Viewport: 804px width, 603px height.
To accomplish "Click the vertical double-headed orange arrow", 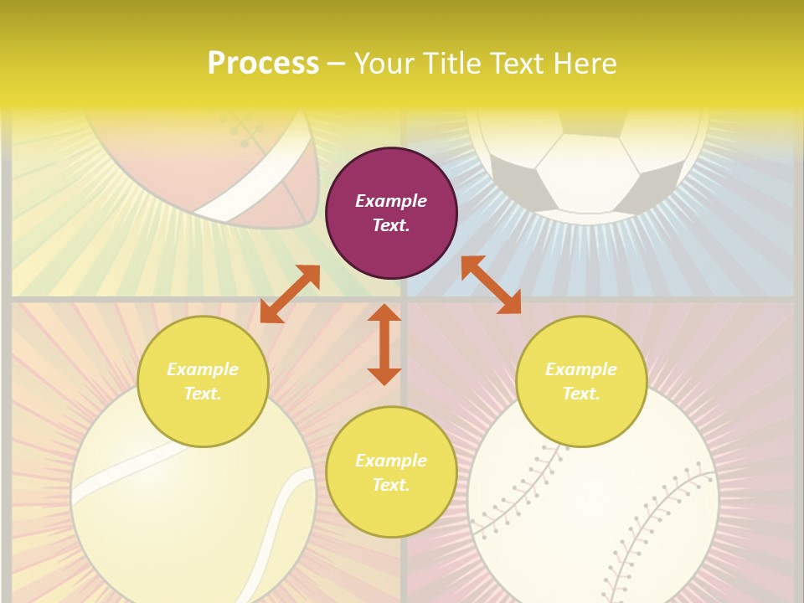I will point(384,344).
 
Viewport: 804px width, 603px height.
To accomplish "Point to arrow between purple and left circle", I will point(290,294).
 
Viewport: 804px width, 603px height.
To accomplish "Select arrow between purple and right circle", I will point(491,285).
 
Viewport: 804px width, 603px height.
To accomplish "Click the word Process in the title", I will point(263,64).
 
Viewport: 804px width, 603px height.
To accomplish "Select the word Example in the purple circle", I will point(391,201).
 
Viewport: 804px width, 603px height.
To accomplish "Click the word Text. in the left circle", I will point(203,394).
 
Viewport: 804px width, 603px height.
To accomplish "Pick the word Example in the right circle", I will point(581,369).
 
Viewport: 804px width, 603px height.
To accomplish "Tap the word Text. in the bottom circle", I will point(391,485).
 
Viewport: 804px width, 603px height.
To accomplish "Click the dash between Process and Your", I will point(337,64).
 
